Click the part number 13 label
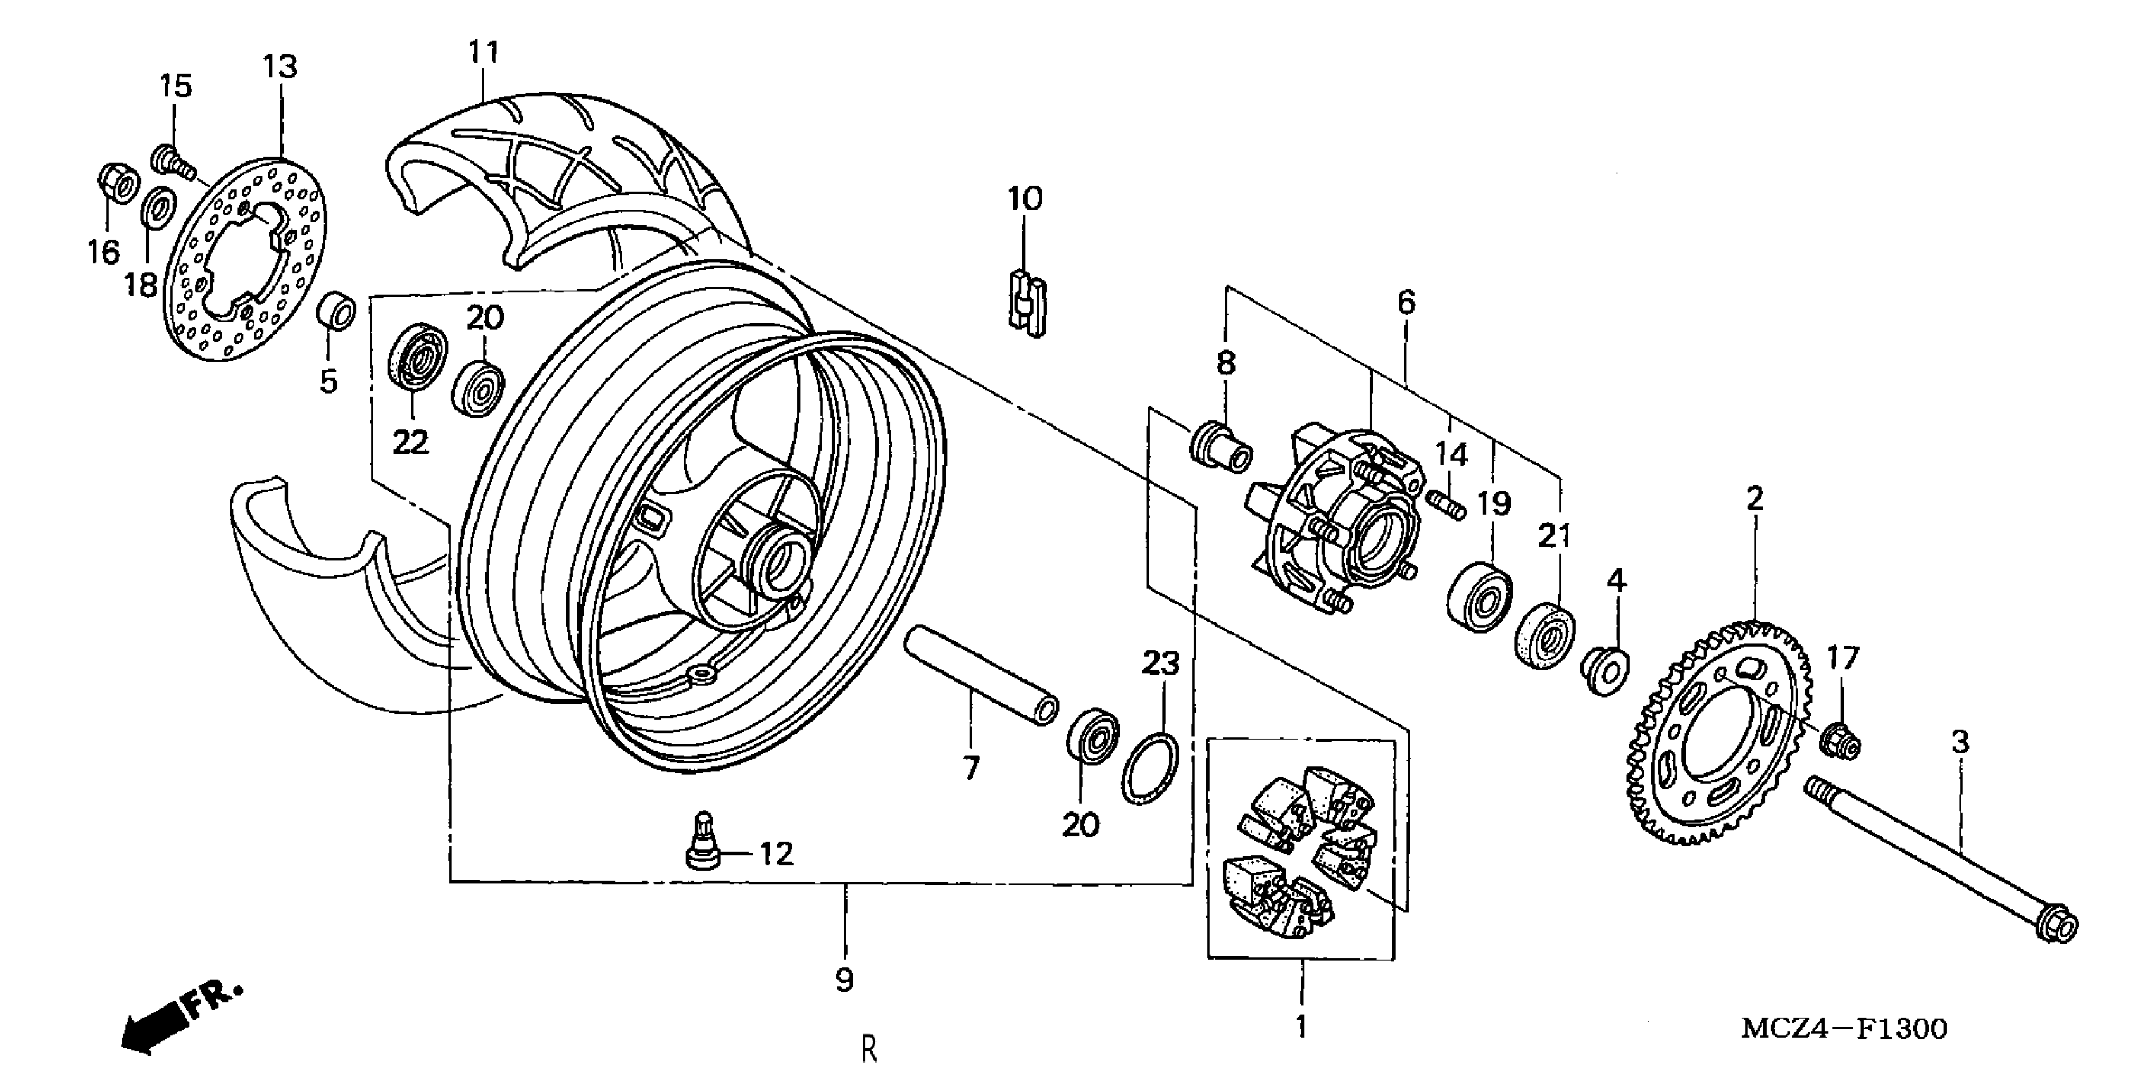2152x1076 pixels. pos(280,67)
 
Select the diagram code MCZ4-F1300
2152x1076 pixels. pos(1843,1029)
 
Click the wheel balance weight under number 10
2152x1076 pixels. pos(1027,301)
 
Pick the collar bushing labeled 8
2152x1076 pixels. pos(1220,449)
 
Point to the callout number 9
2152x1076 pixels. pos(844,979)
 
